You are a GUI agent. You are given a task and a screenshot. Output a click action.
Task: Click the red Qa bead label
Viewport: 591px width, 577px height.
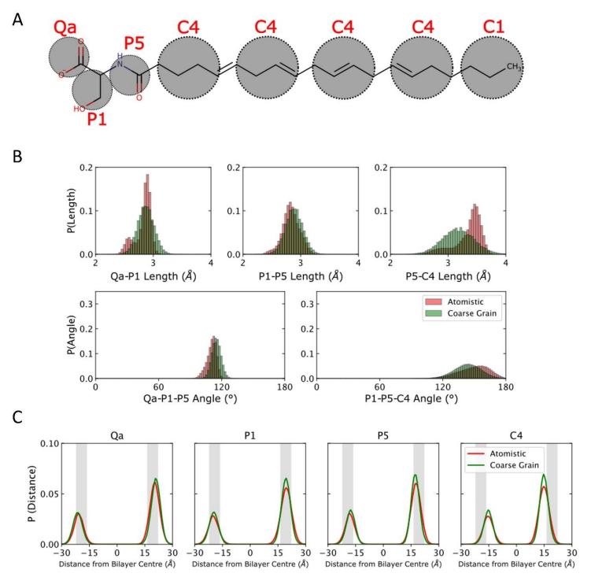66,28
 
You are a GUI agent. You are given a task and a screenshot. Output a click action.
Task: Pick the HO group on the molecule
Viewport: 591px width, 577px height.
79,109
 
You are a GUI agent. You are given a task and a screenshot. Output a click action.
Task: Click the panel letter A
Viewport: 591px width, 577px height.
18,17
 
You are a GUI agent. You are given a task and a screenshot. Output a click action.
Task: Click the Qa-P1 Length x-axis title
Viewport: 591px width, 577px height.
152,276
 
